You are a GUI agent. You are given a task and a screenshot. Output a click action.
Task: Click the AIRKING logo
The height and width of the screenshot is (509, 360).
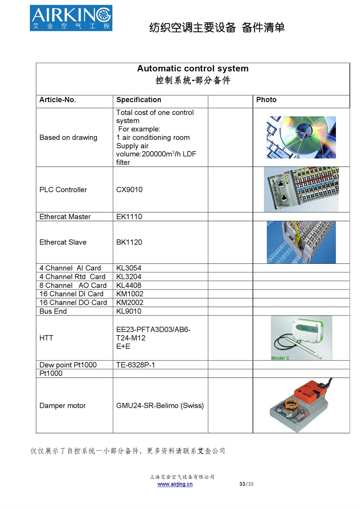pyautogui.click(x=71, y=18)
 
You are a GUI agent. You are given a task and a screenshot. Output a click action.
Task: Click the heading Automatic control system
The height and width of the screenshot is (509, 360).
pyautogui.click(x=193, y=68)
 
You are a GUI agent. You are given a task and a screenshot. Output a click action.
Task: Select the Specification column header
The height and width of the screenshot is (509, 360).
pyautogui.click(x=139, y=100)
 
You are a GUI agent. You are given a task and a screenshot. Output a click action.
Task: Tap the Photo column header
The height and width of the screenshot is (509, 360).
pyautogui.click(x=266, y=100)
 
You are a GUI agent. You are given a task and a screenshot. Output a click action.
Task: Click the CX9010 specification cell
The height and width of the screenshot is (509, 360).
pyautogui.click(x=129, y=190)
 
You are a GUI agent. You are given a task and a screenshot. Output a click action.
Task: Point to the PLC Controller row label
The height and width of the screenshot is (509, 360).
pyautogui.click(x=63, y=190)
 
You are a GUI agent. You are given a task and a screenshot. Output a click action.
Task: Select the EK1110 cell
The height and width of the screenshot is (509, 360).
pyautogui.click(x=129, y=217)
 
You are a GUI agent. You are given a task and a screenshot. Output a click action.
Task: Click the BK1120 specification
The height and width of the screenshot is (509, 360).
pyautogui.click(x=129, y=242)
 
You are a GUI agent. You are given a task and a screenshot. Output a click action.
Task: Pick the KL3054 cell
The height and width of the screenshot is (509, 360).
pyautogui.click(x=129, y=268)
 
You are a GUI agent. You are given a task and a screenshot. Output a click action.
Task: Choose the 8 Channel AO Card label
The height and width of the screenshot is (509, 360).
pyautogui.click(x=73, y=285)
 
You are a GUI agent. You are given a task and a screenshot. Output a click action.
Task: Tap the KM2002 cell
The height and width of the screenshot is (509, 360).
pyautogui.click(x=130, y=303)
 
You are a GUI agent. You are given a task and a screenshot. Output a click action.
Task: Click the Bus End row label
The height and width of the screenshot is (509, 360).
pyautogui.click(x=53, y=311)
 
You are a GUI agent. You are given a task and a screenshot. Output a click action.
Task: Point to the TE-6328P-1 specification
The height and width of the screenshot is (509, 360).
pyautogui.click(x=135, y=365)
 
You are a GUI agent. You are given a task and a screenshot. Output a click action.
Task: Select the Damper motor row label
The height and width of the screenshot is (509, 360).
pyautogui.click(x=62, y=406)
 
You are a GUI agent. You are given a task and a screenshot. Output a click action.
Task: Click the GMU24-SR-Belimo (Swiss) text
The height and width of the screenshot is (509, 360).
pyautogui.click(x=160, y=406)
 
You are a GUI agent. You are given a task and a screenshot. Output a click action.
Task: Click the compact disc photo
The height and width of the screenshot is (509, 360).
pyautogui.click(x=301, y=137)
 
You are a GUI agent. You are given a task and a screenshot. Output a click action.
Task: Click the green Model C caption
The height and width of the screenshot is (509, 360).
pyautogui.click(x=280, y=358)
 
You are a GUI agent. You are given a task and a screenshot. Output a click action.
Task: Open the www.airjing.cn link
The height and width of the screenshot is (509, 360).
pyautogui.click(x=175, y=484)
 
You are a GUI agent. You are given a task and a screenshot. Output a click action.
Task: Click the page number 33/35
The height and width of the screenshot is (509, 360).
pyautogui.click(x=246, y=484)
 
